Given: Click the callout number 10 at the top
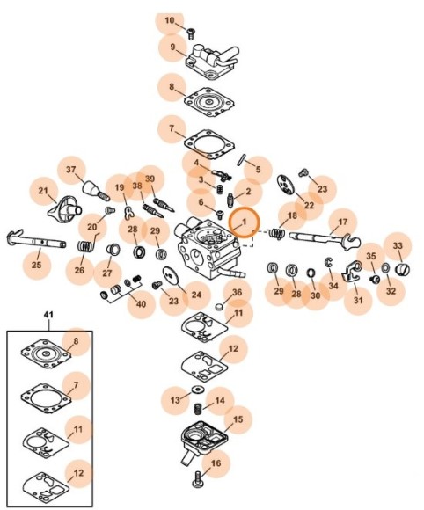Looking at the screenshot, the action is coord(170,21).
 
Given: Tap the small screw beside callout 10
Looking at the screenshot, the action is coord(191,33).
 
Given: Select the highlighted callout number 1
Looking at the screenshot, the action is coord(245,222).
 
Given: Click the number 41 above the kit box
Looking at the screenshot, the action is coord(49,315).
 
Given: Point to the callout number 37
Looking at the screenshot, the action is coord(71,170).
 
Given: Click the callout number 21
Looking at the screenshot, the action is coord(43,191).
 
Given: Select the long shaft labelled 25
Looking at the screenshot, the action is coord(36,240).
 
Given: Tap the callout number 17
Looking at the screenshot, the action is coord(343,222).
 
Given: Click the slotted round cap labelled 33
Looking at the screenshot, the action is coord(402,269).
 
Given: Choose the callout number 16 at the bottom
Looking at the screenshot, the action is coord(216,463).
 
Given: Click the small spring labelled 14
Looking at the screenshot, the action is coord(198,409).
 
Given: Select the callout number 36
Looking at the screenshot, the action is coord(238,292).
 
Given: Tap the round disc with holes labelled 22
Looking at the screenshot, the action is coord(285,185).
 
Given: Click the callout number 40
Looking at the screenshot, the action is coord(141,304).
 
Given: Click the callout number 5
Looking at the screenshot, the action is coord(258,170).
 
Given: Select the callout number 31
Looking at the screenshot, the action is coord(358,300).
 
